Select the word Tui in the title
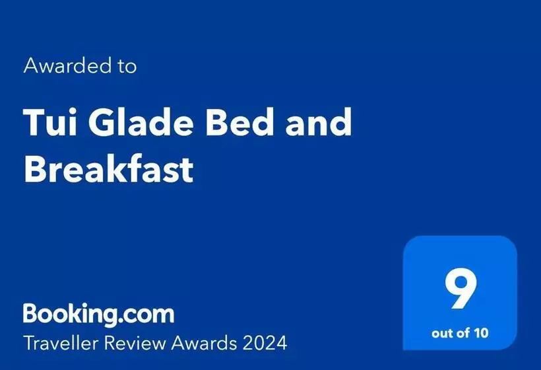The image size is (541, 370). [x=48, y=122]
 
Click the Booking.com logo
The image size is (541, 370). [x=99, y=313]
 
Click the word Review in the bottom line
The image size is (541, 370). [x=143, y=342]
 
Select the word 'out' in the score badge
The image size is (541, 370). [x=441, y=332]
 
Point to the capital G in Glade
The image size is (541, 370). [x=98, y=122]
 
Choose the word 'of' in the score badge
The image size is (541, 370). [x=462, y=332]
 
